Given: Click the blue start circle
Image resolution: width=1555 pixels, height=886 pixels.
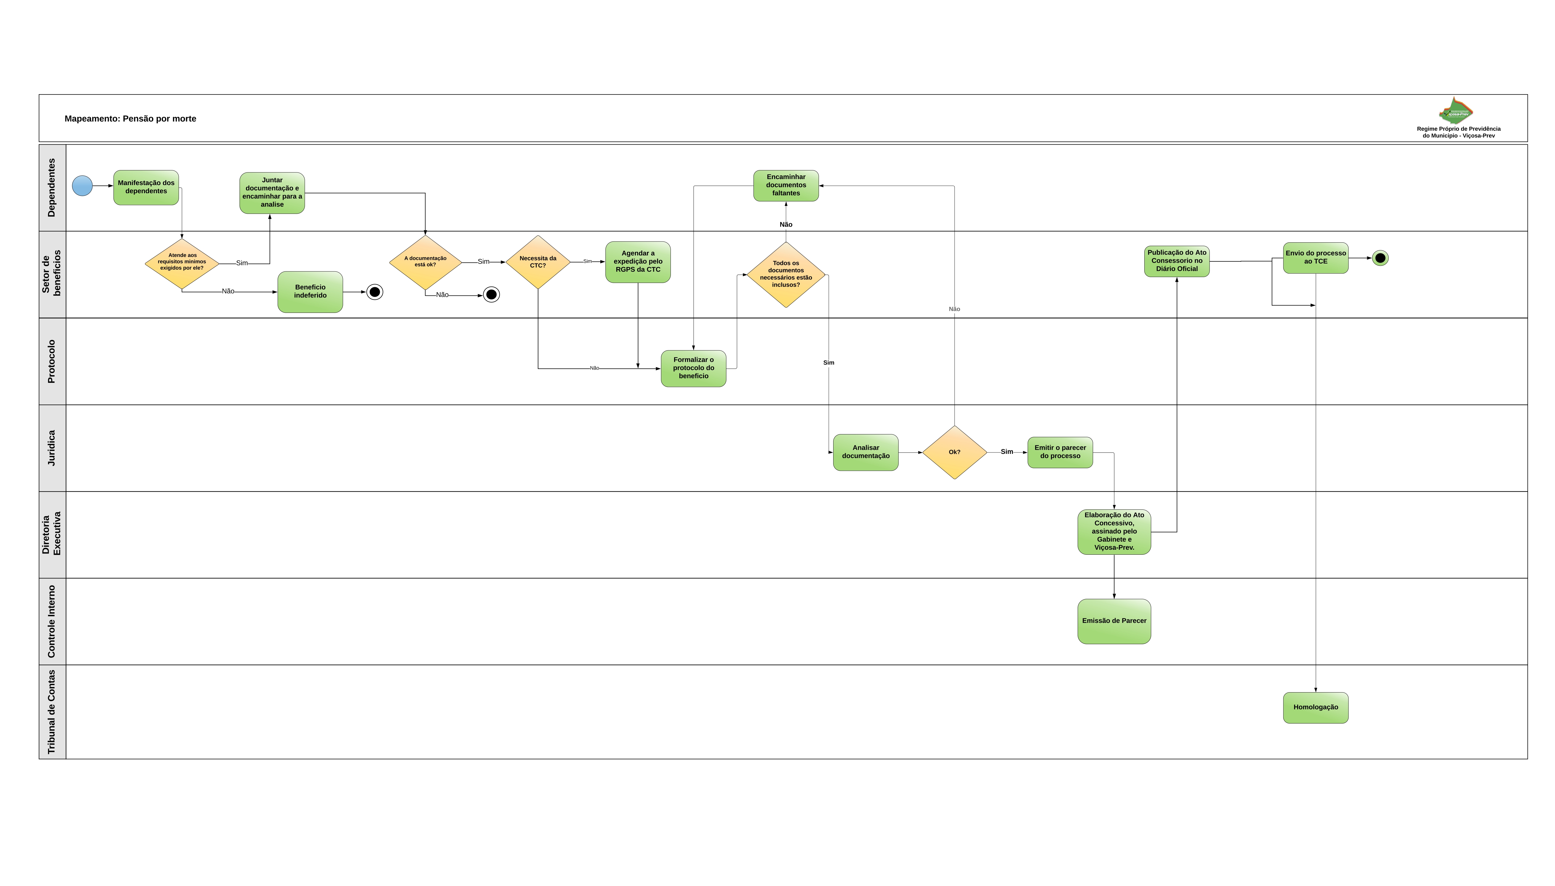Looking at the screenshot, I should point(82,185).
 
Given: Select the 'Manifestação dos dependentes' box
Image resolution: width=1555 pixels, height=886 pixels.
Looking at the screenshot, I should point(146,187).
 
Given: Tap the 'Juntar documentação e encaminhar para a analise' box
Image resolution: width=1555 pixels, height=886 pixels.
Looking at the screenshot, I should point(272,193).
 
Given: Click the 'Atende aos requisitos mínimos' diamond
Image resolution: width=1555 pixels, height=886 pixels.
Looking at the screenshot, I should point(182,263).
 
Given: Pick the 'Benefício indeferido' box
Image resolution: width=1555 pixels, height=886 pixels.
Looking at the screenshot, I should point(310,292).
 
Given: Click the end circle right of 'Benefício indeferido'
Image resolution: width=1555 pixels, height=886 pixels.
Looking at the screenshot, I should point(375,292).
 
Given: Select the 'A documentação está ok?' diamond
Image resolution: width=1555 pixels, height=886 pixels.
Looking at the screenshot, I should point(425,262).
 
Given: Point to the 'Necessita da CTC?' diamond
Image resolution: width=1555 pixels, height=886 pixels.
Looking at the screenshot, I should point(538,262).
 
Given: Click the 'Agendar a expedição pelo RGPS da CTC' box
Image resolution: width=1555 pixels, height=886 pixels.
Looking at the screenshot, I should point(638,262).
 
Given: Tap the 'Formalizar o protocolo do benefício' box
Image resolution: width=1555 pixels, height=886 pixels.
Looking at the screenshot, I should point(694,368).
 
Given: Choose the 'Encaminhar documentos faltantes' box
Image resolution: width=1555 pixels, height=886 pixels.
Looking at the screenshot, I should point(786,185).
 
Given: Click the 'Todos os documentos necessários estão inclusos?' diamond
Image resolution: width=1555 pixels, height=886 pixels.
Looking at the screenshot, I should point(786,274).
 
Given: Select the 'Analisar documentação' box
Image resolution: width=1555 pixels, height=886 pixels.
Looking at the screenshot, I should point(866,452).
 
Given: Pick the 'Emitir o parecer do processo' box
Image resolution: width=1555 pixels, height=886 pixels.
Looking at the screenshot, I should point(1060,452).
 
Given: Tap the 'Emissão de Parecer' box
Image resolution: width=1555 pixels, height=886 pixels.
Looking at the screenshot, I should point(1114,621).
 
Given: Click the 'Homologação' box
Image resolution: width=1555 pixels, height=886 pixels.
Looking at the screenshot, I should point(1315,708).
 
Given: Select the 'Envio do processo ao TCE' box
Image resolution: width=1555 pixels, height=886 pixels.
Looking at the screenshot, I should point(1315,258).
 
